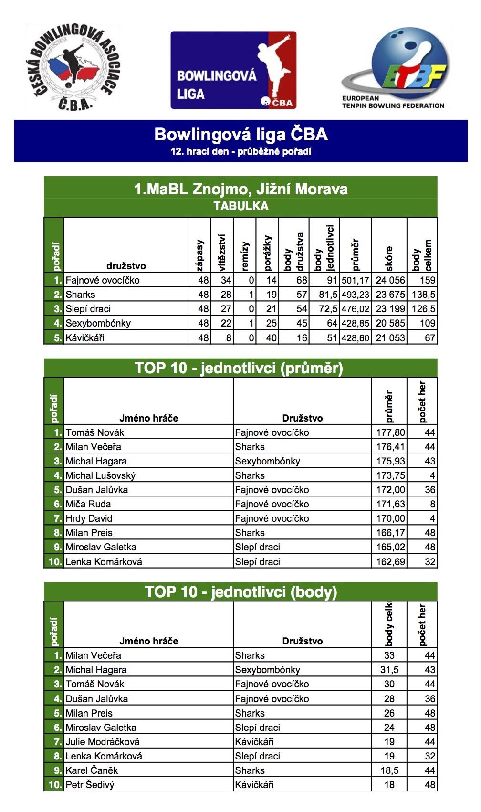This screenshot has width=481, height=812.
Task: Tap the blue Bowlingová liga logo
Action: (233, 70)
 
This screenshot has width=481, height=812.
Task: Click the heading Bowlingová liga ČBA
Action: (241, 134)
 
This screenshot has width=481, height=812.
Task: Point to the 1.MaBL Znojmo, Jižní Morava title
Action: (241, 189)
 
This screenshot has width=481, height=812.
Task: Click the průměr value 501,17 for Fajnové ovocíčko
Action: (356, 280)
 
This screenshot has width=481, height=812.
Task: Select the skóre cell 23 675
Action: (390, 295)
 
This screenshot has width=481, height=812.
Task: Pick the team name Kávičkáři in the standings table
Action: (85, 338)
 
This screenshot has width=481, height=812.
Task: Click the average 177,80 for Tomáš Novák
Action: (390, 432)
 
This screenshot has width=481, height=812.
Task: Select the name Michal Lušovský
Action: (101, 475)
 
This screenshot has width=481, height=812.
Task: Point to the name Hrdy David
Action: (89, 518)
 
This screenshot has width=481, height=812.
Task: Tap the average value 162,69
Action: (390, 562)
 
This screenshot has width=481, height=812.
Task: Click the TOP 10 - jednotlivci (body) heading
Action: (241, 592)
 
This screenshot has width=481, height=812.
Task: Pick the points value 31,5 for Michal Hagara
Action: (389, 670)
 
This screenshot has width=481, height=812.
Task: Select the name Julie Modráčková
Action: (103, 742)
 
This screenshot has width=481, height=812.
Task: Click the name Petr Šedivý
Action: (90, 785)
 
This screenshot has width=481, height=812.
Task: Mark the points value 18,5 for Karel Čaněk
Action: (389, 770)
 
